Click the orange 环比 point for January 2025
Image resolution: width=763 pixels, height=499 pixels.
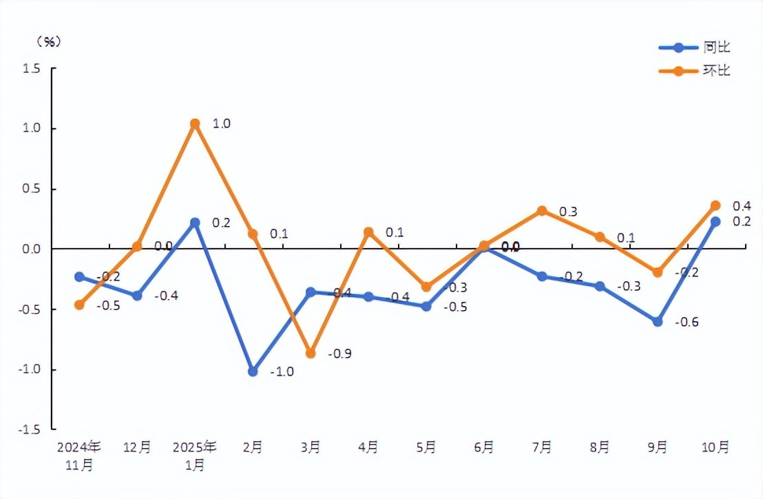(x=195, y=124)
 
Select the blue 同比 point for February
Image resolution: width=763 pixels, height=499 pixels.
(x=253, y=371)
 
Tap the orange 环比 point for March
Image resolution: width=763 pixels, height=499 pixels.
(x=311, y=353)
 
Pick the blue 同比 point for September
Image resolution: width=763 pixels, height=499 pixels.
(x=658, y=321)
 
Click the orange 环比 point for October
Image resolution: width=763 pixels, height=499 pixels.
(x=715, y=205)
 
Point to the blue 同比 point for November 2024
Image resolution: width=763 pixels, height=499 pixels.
(x=79, y=276)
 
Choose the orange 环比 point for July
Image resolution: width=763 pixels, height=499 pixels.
(x=542, y=211)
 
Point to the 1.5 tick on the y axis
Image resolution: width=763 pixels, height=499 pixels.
(x=30, y=69)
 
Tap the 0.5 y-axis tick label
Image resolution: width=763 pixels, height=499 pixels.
(x=30, y=189)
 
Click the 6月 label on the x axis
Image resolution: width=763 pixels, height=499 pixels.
(x=484, y=447)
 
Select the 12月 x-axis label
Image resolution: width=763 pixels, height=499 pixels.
(x=137, y=447)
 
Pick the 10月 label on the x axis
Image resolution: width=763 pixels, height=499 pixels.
(x=715, y=447)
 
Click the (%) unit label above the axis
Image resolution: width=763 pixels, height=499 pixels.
(x=48, y=41)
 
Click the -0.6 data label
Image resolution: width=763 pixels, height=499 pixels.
(x=687, y=322)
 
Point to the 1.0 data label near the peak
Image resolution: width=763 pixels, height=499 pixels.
(x=221, y=124)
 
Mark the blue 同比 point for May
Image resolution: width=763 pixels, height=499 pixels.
(x=426, y=306)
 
